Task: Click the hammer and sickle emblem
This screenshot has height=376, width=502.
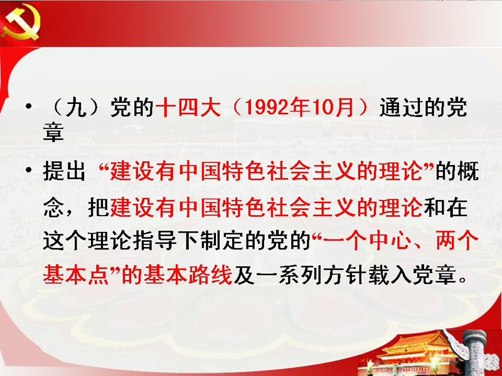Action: click(21, 23)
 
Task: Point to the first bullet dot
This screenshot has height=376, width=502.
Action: click(29, 106)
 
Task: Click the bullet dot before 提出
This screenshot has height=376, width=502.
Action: click(29, 170)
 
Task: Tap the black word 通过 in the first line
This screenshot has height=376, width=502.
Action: click(401, 107)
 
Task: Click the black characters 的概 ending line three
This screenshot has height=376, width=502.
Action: click(457, 170)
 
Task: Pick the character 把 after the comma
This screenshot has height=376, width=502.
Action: click(99, 207)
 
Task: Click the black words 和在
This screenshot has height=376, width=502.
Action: click(445, 207)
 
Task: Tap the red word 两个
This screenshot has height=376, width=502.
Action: click(457, 241)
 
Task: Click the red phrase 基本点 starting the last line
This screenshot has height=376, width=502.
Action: click(75, 275)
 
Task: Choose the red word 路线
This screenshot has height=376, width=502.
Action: click(210, 275)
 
